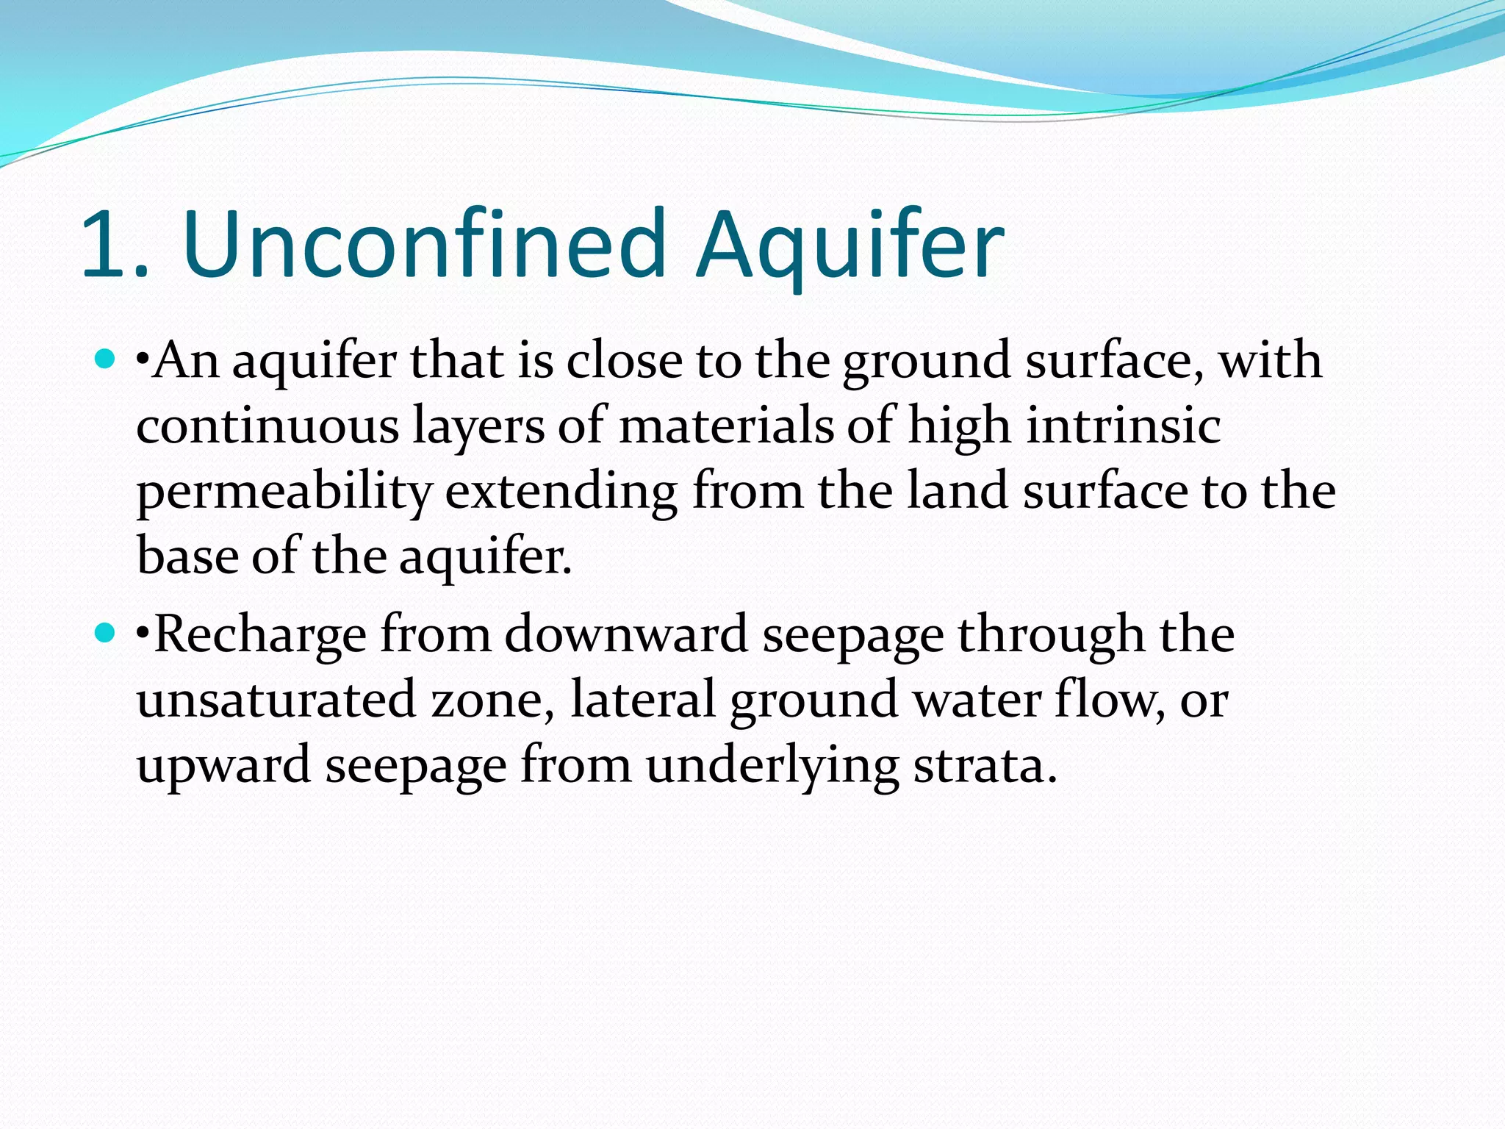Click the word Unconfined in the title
(424, 244)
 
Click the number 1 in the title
(107, 244)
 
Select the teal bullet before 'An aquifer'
(106, 359)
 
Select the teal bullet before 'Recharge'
(106, 632)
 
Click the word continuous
(267, 426)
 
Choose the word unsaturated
(276, 700)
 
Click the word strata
(985, 765)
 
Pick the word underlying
(772, 765)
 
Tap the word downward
(626, 634)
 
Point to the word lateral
(642, 698)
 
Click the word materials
(726, 426)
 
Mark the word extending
(561, 492)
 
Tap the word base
(187, 556)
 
